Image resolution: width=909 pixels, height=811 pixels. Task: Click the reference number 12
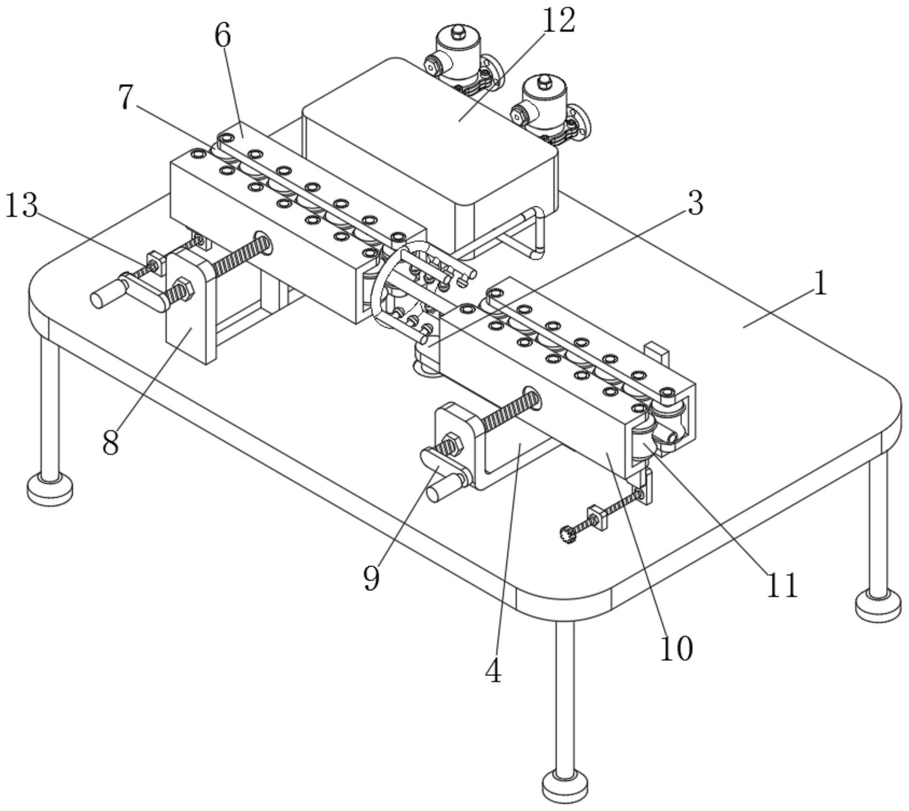point(558,21)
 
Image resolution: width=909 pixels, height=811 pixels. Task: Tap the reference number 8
point(110,442)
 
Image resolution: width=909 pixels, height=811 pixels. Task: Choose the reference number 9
point(371,578)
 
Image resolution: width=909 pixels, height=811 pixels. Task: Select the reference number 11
point(782,585)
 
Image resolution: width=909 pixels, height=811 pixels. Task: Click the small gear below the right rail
point(567,534)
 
